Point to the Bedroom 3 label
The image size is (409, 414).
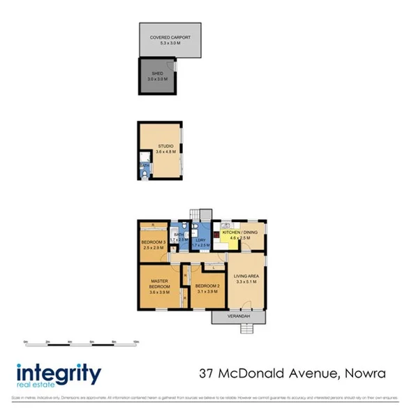152,244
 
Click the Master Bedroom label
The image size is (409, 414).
160,286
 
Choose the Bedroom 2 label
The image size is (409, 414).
207,289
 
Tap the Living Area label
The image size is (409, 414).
247,279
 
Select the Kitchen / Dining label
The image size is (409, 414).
240,235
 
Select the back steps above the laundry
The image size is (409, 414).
202,214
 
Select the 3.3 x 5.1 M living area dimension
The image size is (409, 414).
247,283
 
